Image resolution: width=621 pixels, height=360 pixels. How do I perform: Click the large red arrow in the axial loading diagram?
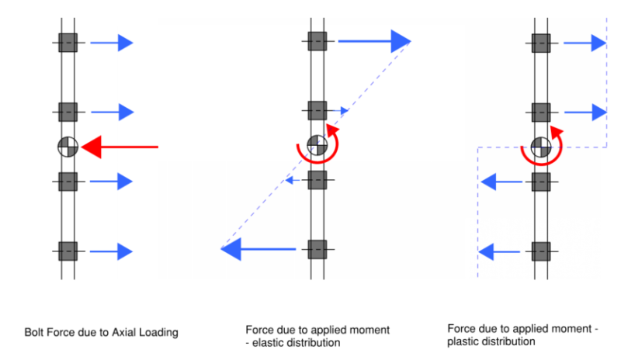(x=120, y=146)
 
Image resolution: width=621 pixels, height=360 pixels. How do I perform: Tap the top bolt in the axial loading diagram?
(x=68, y=42)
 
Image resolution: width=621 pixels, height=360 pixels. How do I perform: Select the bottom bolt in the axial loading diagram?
(x=68, y=251)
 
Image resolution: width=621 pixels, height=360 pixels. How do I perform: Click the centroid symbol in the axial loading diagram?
(x=68, y=146)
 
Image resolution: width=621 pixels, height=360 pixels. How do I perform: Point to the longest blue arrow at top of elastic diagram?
(x=373, y=42)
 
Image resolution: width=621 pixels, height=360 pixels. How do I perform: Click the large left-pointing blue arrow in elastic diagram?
(x=259, y=250)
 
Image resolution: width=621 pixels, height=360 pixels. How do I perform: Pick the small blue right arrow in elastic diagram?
(x=339, y=112)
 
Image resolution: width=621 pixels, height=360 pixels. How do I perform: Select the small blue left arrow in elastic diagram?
(x=290, y=181)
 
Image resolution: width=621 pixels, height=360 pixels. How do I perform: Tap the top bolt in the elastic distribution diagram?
(x=316, y=42)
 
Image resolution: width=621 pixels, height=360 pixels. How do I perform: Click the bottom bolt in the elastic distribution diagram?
(x=316, y=250)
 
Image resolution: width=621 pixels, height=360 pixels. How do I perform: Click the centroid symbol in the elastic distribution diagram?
(x=316, y=145)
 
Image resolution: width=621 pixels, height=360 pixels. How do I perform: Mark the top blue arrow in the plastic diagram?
(x=585, y=43)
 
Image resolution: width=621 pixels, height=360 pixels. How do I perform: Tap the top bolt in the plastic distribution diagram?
(x=541, y=43)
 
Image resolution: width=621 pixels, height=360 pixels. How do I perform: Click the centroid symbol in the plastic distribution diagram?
(x=541, y=145)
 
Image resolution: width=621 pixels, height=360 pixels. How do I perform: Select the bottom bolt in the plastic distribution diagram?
(x=541, y=251)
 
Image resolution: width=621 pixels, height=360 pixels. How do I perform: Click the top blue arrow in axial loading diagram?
(x=112, y=43)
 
